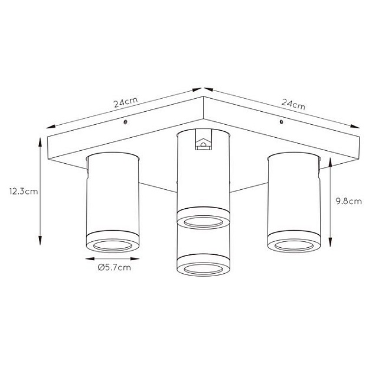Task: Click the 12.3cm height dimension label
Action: pos(24,191)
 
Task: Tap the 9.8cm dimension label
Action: pos(349,201)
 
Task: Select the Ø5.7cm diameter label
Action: pos(115,267)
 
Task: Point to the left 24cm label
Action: pos(126,102)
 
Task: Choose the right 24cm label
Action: pos(293,105)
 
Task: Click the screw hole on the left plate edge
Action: pos(125,122)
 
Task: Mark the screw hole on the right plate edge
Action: pos(281,122)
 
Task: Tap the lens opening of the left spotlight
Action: pos(113,246)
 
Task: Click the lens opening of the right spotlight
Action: pos(294,246)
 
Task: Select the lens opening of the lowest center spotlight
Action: pos(203,269)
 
